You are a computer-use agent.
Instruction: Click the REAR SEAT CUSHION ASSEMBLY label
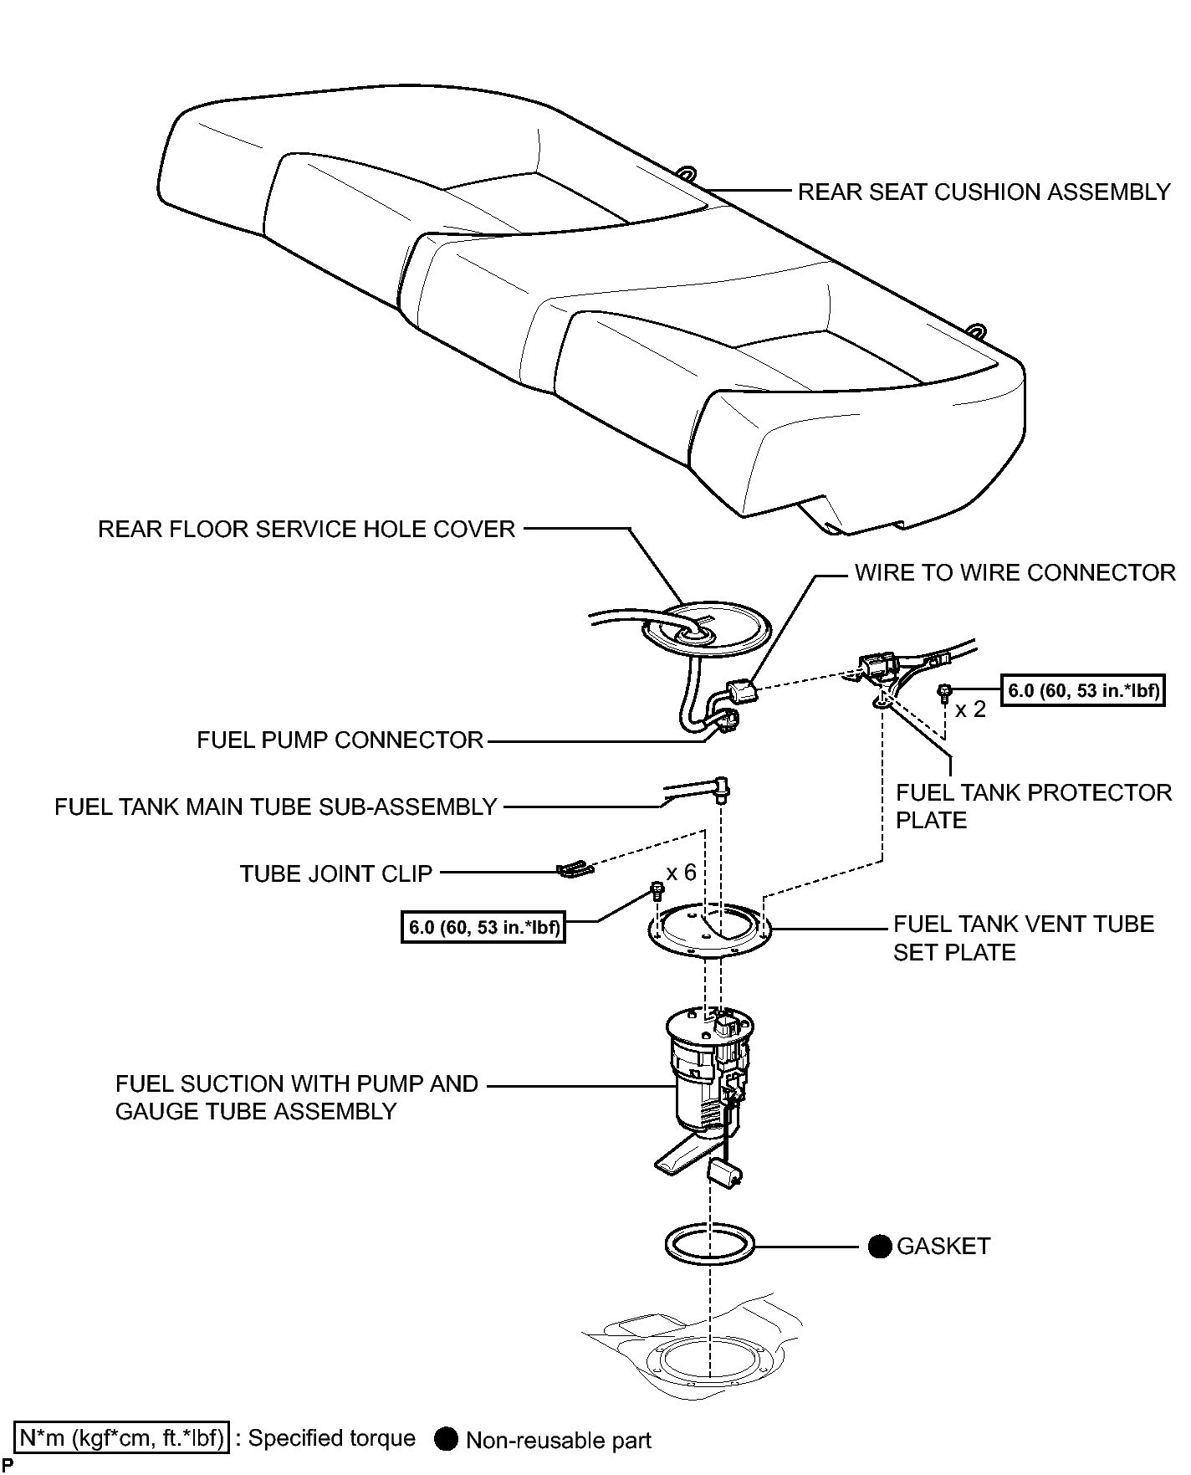[x=984, y=192]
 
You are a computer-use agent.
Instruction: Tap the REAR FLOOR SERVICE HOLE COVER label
[x=306, y=530]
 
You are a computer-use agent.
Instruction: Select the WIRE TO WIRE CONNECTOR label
[x=1015, y=573]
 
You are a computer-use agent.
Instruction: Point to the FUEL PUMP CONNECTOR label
[x=340, y=740]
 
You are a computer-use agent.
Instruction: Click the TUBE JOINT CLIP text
[x=336, y=874]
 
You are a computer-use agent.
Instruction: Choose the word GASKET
[x=943, y=1247]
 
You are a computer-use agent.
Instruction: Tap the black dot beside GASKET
[x=879, y=1247]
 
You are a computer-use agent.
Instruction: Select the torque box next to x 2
[x=1083, y=691]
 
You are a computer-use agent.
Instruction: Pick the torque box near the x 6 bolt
[x=483, y=927]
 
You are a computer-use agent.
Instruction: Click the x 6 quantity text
[x=681, y=873]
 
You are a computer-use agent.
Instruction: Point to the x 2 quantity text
[x=970, y=709]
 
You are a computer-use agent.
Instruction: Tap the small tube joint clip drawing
[x=575, y=870]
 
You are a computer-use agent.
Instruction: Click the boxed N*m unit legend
[x=120, y=1438]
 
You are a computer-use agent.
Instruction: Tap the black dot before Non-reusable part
[x=447, y=1439]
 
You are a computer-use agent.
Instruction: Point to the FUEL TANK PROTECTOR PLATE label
[x=1034, y=807]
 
